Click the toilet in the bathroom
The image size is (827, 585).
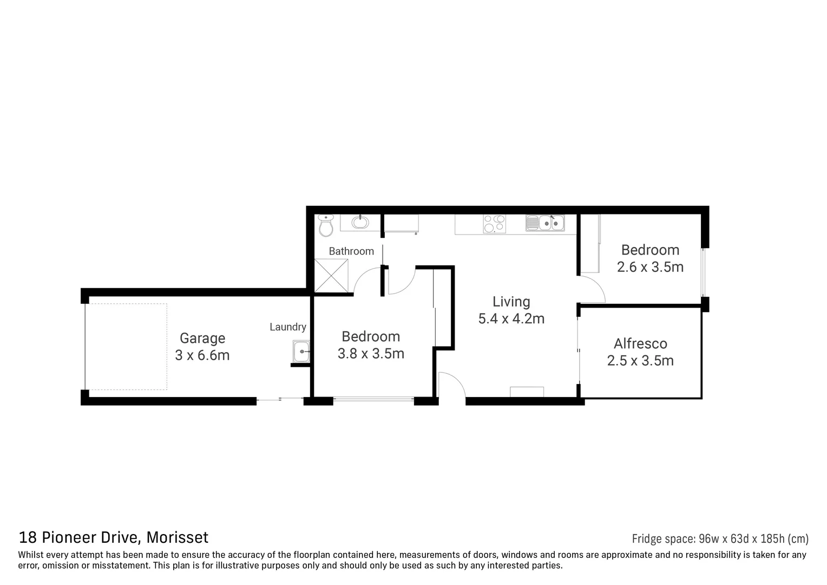pos(325,226)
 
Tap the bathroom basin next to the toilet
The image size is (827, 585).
pos(359,222)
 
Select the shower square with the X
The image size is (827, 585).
pos(331,275)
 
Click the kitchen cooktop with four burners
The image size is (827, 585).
pos(494,223)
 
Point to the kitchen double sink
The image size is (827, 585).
pos(545,223)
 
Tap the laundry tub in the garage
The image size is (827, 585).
pos(301,352)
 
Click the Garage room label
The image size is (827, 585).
pos(202,339)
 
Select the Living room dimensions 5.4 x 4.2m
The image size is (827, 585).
pos(511,319)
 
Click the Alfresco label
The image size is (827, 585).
pos(640,344)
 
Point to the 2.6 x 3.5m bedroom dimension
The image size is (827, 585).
pos(650,267)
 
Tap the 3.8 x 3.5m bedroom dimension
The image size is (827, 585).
pos(371,354)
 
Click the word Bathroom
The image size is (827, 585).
pos(351,251)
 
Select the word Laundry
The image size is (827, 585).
pos(288,327)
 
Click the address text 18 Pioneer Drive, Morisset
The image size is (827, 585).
pos(114,537)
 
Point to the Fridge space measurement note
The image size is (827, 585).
pos(720,538)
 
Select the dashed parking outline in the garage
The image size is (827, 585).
pos(127,347)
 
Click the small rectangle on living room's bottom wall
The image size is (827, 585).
pos(527,392)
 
